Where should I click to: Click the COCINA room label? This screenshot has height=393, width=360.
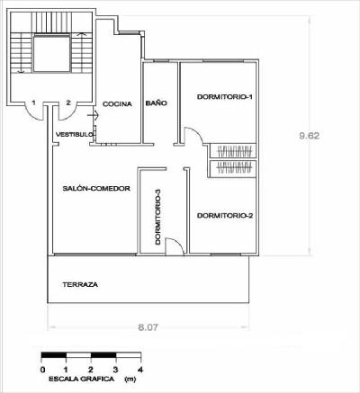(x=117, y=104)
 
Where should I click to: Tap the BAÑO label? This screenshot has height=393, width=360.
(x=157, y=103)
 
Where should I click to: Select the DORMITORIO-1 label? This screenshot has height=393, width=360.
(x=225, y=97)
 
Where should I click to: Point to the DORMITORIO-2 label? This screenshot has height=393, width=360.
(x=225, y=216)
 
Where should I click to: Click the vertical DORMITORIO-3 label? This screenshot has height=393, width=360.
(x=158, y=217)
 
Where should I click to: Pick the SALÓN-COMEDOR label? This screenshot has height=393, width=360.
(x=96, y=189)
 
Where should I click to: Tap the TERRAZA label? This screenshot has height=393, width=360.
(x=80, y=284)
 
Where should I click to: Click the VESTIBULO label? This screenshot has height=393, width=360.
(x=75, y=135)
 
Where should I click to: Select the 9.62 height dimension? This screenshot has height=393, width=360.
(x=310, y=136)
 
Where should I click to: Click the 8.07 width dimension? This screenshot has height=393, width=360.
(x=148, y=327)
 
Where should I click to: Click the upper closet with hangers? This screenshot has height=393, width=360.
(x=233, y=151)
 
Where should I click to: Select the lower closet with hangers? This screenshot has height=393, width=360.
(x=233, y=167)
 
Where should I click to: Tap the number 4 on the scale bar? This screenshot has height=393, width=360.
(x=140, y=369)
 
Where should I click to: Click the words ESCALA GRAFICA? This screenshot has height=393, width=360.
(x=82, y=379)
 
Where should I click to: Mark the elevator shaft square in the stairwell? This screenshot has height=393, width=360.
(x=51, y=54)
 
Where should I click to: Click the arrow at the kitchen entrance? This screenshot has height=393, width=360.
(x=93, y=114)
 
